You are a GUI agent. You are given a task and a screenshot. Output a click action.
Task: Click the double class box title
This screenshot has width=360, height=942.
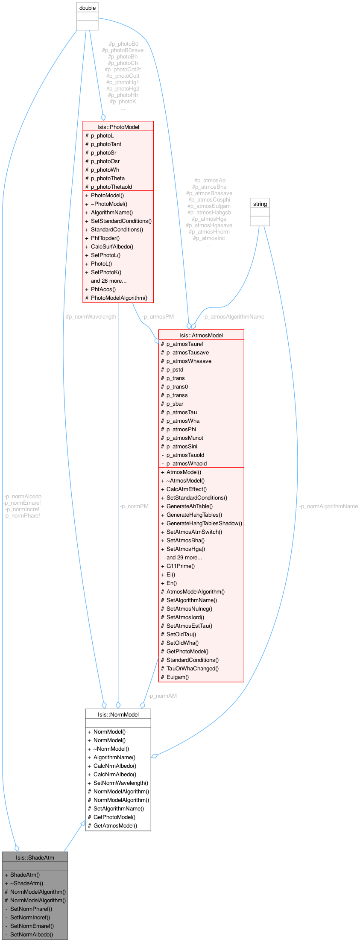point(88,8)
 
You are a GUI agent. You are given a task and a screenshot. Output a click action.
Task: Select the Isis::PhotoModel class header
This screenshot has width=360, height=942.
point(118,127)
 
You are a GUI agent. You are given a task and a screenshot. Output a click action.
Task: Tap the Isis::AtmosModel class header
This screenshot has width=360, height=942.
point(201,335)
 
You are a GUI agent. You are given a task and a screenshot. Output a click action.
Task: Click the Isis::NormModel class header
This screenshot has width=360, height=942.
point(118,714)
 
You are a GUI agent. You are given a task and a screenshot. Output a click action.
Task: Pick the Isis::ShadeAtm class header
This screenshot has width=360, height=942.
point(35,857)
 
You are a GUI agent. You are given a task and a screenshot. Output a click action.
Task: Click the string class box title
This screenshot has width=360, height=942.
point(260,204)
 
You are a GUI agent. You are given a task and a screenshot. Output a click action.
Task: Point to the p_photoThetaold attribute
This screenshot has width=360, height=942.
point(111,187)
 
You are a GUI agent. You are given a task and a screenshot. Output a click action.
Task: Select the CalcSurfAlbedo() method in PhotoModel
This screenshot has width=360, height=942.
point(112,246)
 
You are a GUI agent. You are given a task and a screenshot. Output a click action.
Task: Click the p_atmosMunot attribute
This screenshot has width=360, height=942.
point(184,438)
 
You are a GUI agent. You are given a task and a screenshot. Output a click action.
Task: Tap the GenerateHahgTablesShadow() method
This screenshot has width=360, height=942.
point(204,523)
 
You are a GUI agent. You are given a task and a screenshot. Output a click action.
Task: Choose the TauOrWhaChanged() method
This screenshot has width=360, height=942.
point(192,668)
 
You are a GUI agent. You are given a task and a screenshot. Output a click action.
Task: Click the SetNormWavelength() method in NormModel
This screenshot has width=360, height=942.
point(120,783)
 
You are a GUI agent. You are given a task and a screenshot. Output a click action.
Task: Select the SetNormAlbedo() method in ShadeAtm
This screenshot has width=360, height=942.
point(32,934)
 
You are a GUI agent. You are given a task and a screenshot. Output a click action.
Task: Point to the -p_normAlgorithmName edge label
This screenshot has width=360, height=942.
point(328,506)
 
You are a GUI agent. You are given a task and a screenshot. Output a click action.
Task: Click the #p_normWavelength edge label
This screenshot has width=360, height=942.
point(91,317)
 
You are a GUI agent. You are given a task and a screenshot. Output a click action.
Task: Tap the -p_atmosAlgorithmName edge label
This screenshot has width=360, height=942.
point(233,317)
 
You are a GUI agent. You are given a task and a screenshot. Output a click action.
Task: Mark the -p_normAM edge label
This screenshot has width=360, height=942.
point(162,696)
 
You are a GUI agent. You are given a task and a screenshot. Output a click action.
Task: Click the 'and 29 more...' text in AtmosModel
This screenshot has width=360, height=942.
point(184,557)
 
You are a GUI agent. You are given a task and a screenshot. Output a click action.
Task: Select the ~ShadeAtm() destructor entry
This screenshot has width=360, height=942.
point(26,883)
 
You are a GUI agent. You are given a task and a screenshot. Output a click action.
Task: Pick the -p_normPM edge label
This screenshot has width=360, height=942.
point(134,506)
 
